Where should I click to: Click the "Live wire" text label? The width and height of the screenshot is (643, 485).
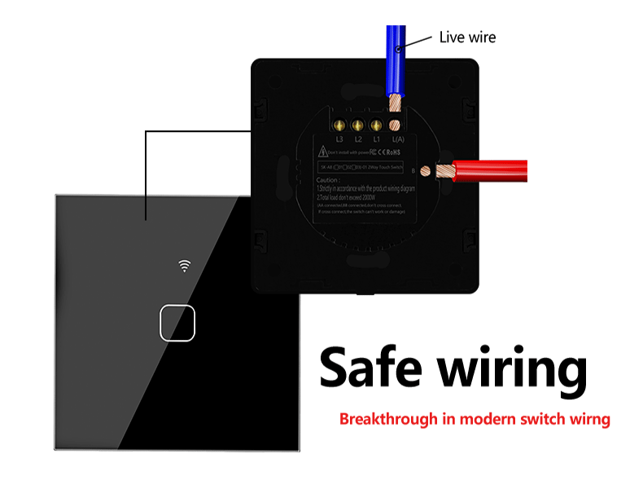pyautogui.click(x=467, y=37)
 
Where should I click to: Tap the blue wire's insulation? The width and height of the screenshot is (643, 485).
pyautogui.click(x=396, y=57)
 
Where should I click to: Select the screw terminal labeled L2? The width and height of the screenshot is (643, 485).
pyautogui.click(x=357, y=126)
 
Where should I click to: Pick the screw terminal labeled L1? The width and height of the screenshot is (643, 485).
pyautogui.click(x=376, y=126)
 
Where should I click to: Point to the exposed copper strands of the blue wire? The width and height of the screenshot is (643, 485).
pyautogui.click(x=396, y=104)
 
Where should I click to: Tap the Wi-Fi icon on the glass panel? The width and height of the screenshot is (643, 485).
pyautogui.click(x=186, y=265)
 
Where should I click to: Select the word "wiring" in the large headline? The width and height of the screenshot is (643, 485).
pyautogui.click(x=514, y=368)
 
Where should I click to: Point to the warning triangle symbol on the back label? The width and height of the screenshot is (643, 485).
pyautogui.click(x=323, y=152)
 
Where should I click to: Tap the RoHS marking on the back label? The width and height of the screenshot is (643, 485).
pyautogui.click(x=395, y=152)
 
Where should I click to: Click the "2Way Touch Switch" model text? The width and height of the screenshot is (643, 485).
pyautogui.click(x=387, y=165)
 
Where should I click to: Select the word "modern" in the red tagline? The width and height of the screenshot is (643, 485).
pyautogui.click(x=485, y=420)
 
